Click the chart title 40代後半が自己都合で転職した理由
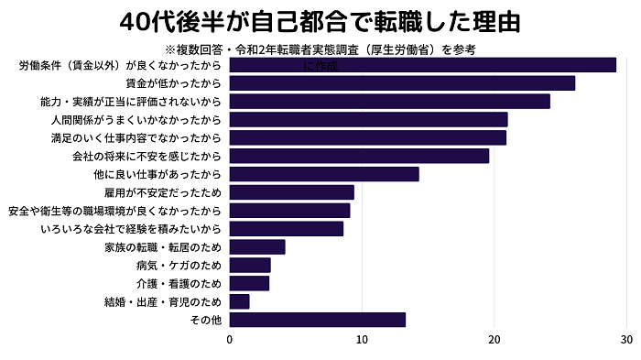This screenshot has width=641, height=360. coord(320,20)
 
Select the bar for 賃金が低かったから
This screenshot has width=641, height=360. coord(402,83)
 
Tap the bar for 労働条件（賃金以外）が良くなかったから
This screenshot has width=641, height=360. coord(422,65)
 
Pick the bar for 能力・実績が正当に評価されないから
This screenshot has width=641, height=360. coord(389,102)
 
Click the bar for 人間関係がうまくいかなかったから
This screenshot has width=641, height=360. coord(368,119)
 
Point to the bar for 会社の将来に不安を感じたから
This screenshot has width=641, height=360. coord(359,156)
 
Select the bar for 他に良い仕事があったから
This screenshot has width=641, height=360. coord(324,174)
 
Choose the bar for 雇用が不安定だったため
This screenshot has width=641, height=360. coord(291,192)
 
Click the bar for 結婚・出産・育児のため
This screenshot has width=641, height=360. coord(239,301)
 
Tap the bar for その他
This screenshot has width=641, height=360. coord(317,320)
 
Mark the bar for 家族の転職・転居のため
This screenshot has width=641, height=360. coord(257,246)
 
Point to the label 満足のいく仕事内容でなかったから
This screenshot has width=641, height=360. coord(136,137)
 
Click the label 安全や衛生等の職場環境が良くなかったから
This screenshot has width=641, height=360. coord(114,211)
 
